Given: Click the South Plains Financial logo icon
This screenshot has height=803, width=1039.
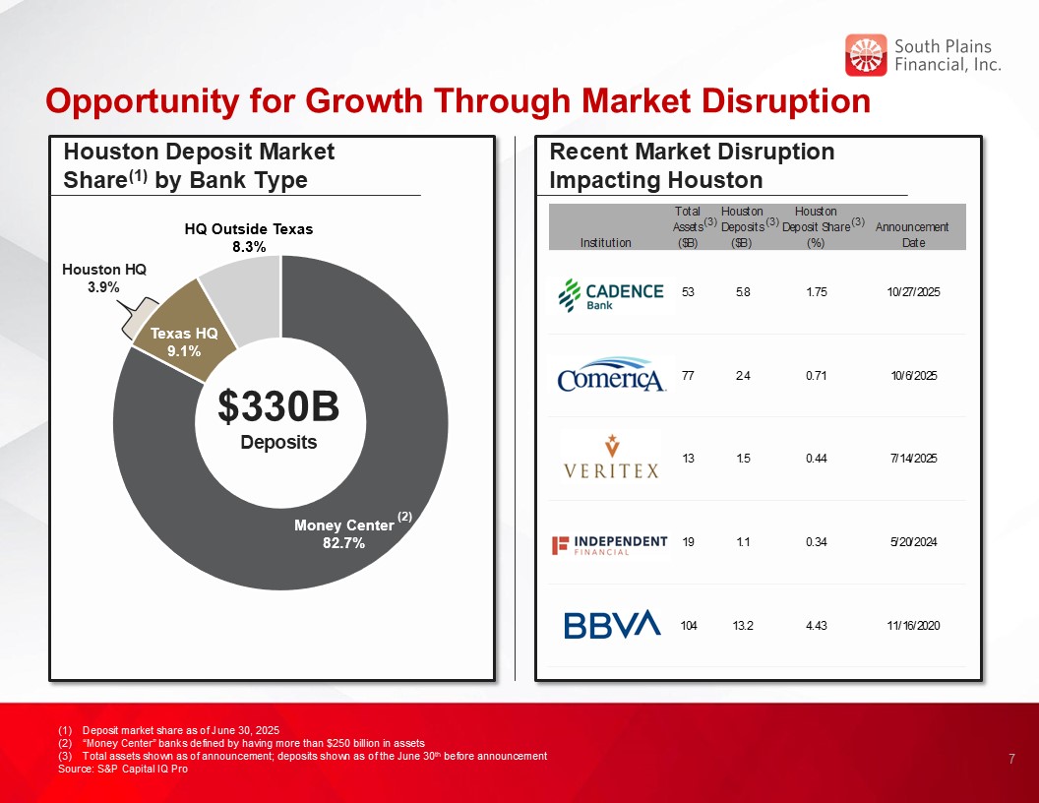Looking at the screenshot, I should tap(866, 55).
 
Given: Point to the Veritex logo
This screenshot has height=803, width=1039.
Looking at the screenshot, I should tap(610, 458).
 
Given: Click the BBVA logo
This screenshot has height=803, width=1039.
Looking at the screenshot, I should tap(611, 625).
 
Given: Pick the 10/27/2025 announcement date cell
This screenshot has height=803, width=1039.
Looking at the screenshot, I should tap(912, 292).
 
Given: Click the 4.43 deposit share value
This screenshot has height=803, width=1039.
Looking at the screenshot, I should tap(815, 626).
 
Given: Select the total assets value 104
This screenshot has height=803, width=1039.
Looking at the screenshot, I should tap(688, 626).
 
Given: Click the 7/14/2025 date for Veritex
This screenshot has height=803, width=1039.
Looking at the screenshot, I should tap(912, 459).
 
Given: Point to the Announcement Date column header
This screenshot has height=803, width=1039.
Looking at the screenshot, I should tap(912, 234).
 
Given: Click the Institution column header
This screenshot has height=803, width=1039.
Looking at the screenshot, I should tap(606, 242).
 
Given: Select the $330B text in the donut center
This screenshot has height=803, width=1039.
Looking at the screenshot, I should tap(278, 405).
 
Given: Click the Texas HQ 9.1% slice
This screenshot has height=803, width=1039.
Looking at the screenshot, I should tap(184, 341).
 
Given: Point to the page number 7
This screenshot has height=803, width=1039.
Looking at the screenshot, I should tap(1011, 759).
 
